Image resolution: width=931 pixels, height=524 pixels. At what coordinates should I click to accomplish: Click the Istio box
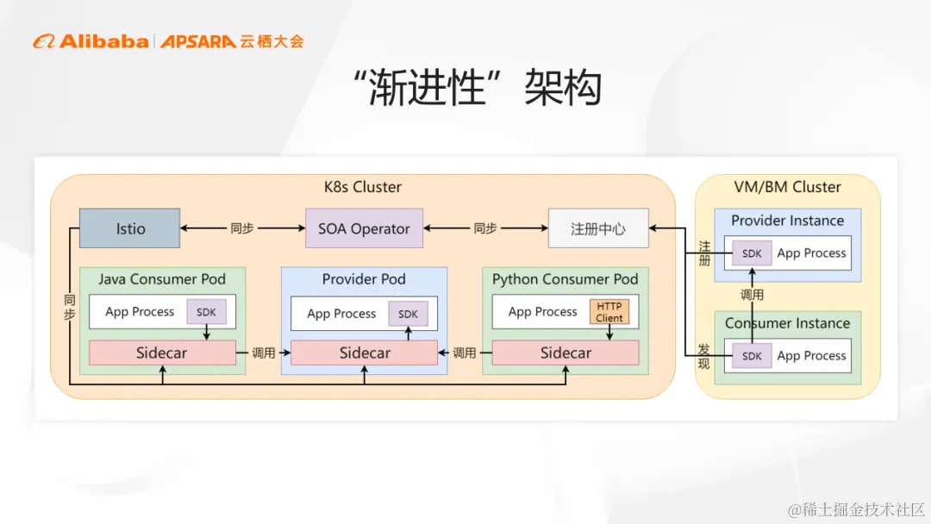[129, 228]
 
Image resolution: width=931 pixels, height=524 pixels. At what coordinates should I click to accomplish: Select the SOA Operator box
[364, 228]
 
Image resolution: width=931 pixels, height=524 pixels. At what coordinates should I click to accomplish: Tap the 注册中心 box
[597, 228]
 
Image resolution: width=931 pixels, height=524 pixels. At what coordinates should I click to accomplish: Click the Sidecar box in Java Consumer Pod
[162, 352]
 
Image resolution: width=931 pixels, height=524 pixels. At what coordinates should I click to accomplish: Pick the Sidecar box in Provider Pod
[365, 352]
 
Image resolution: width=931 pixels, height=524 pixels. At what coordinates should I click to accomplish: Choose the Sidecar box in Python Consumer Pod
[565, 352]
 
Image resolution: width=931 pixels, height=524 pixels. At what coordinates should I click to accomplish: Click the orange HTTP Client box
[609, 312]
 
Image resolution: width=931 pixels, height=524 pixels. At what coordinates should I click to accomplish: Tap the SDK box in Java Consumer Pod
[206, 312]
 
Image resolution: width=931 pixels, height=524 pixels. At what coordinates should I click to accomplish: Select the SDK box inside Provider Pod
[408, 314]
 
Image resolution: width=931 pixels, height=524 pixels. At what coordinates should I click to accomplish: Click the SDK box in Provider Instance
[752, 253]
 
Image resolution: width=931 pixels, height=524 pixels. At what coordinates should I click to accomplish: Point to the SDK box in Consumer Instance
[752, 356]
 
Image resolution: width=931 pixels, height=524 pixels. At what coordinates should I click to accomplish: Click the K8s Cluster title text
[363, 187]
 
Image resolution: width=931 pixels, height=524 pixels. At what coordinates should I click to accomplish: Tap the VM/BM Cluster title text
[787, 187]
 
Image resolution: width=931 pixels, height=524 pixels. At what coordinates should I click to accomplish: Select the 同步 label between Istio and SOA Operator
[242, 228]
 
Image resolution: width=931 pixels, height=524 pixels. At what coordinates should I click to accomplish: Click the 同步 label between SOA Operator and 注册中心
[485, 228]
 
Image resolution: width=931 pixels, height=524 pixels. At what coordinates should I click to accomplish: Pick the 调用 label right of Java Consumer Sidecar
[263, 352]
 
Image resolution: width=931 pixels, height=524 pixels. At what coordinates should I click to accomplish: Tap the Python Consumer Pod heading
[565, 279]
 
